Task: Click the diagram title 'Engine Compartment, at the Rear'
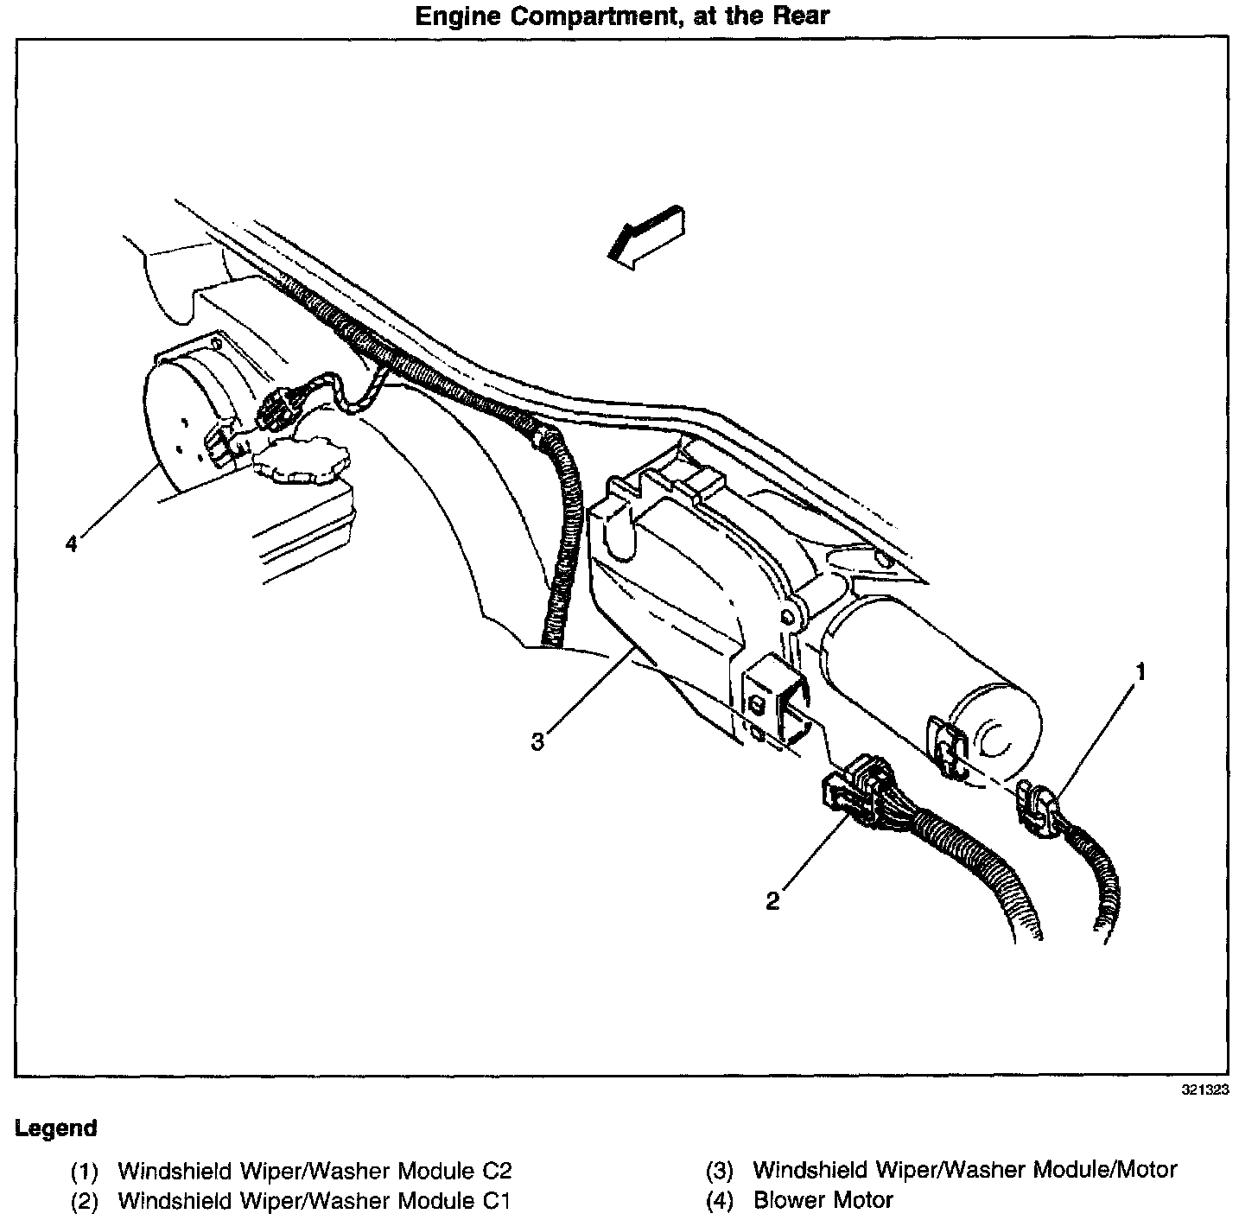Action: (x=622, y=16)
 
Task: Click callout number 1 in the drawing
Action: (x=1140, y=670)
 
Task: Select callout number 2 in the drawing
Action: (x=772, y=900)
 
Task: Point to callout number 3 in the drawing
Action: (x=537, y=741)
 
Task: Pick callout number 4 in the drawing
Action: (x=72, y=543)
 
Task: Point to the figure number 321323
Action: (x=1204, y=1090)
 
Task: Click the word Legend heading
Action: (x=55, y=1128)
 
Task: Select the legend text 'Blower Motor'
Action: (x=823, y=1200)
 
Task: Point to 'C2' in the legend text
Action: (x=497, y=1172)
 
